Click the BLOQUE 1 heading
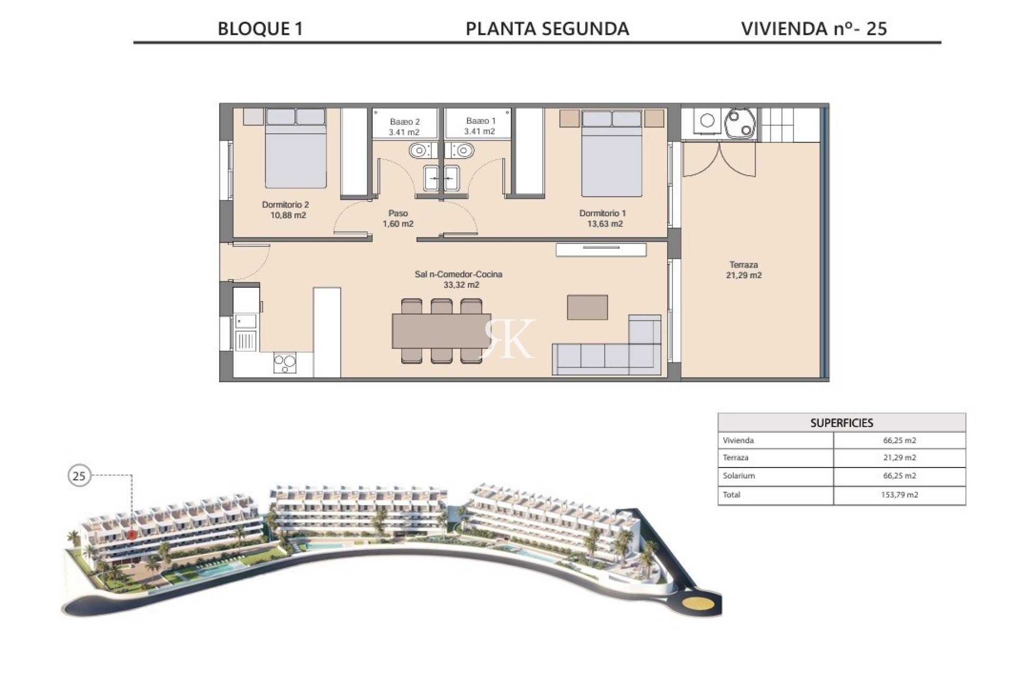click(261, 29)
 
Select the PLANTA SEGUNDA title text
click(547, 29)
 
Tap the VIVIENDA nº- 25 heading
click(814, 29)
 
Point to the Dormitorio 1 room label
click(604, 218)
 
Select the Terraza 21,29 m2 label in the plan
click(744, 270)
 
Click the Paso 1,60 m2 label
click(398, 218)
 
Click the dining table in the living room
click(441, 331)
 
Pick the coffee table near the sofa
click(587, 307)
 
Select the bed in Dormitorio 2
click(296, 148)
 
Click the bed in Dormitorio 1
click(612, 153)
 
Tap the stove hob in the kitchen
click(285, 363)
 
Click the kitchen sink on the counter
click(246, 322)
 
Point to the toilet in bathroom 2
click(419, 151)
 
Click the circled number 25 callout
click(79, 476)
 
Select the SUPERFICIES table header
click(842, 423)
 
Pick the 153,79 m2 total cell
click(899, 495)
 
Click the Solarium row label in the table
click(739, 475)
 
